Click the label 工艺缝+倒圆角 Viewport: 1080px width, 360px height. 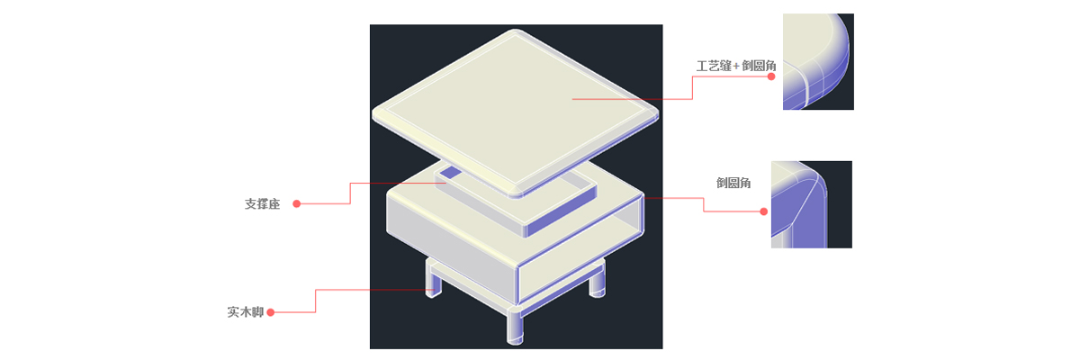pyautogui.click(x=736, y=66)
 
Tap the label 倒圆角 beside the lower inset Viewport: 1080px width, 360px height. pyautogui.click(x=733, y=183)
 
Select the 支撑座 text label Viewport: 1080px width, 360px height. pyautogui.click(x=262, y=204)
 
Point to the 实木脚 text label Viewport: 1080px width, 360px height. pyautogui.click(x=246, y=311)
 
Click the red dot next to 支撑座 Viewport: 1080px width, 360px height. pyautogui.click(x=297, y=204)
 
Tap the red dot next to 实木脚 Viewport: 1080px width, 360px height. pyautogui.click(x=271, y=312)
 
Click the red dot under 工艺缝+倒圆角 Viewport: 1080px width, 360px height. pyautogui.click(x=771, y=76)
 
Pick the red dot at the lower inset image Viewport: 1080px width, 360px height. pyautogui.click(x=764, y=211)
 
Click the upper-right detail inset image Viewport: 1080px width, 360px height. pyautogui.click(x=818, y=62)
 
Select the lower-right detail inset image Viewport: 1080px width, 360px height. pyautogui.click(x=812, y=204)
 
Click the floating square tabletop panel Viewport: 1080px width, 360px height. pyautogui.click(x=516, y=112)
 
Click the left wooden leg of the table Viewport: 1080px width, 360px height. pyautogui.click(x=433, y=280)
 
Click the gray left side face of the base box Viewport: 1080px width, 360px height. pyautogui.click(x=451, y=249)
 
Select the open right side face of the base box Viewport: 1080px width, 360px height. pyautogui.click(x=581, y=249)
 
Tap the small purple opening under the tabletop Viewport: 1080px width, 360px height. pyautogui.click(x=452, y=172)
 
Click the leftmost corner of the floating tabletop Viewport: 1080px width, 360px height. pyautogui.click(x=374, y=114)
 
